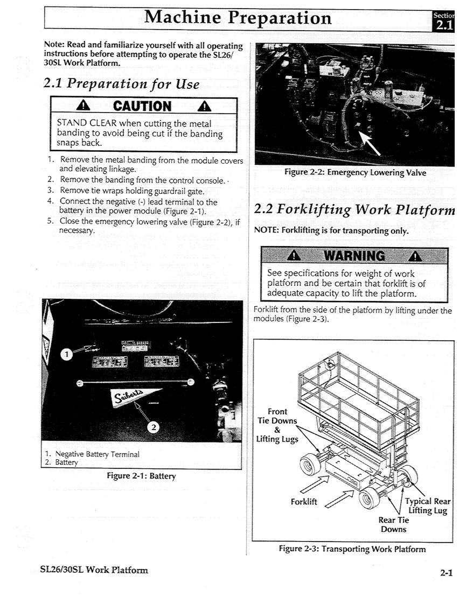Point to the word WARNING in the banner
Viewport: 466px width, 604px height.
352,255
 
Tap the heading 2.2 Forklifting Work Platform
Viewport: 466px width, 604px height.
354,208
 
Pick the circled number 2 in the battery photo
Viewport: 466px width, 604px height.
154,427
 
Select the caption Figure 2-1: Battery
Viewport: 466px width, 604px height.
141,476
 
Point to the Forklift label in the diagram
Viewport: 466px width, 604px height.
304,502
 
